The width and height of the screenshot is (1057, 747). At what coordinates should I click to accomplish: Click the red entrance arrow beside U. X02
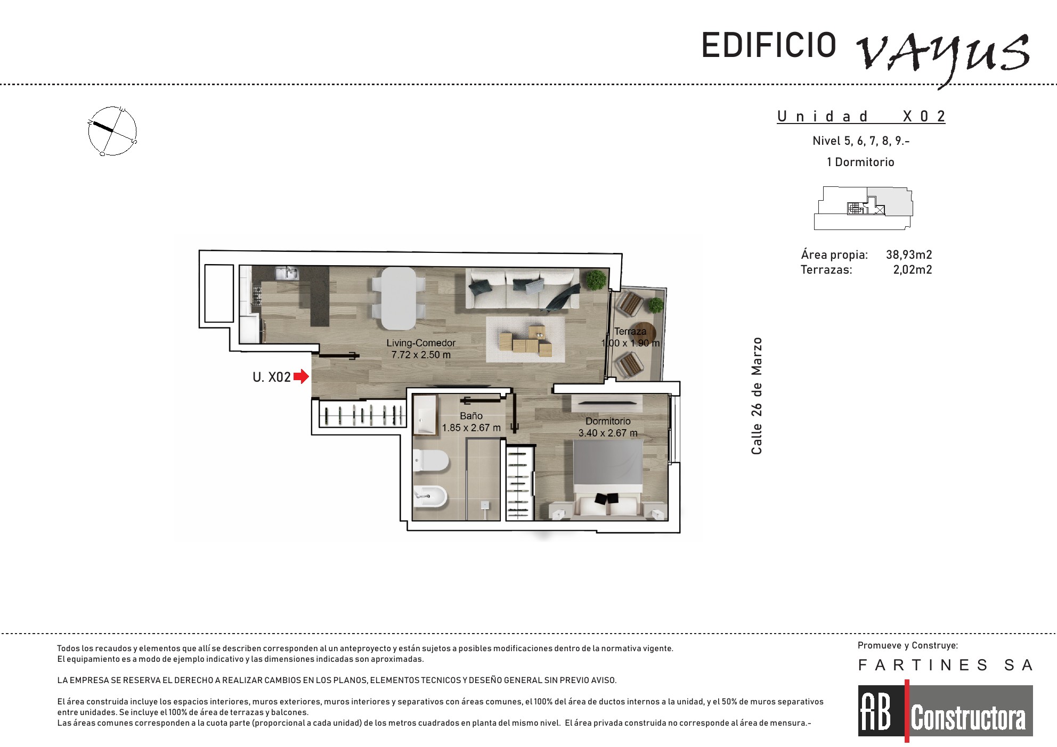(302, 376)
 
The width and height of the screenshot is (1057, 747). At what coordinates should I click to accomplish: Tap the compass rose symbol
(112, 131)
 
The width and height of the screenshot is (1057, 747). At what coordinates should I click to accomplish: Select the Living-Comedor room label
(421, 343)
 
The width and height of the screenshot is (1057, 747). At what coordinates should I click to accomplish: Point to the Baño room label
(471, 416)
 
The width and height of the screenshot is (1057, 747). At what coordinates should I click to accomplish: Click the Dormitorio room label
(608, 421)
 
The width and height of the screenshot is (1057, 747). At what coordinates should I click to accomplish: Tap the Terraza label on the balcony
(630, 331)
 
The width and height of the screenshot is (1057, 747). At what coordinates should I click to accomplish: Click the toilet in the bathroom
(431, 461)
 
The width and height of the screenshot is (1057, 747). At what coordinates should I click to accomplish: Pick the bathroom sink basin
(425, 415)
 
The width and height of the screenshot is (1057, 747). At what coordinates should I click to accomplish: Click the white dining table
(398, 299)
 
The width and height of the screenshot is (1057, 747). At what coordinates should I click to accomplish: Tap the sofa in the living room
(523, 289)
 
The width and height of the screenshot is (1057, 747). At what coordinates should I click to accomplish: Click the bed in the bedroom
(607, 479)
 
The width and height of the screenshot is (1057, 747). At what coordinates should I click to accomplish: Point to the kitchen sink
(287, 273)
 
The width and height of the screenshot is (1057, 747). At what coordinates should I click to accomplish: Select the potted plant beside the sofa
(596, 280)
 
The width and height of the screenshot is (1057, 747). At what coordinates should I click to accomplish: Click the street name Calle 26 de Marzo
(757, 396)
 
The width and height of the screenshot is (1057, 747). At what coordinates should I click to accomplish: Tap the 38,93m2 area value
(909, 255)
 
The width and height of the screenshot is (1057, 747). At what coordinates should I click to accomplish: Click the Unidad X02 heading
(861, 117)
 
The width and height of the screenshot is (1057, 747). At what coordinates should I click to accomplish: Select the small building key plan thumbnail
(863, 208)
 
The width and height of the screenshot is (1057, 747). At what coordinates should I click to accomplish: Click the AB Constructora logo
(945, 711)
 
